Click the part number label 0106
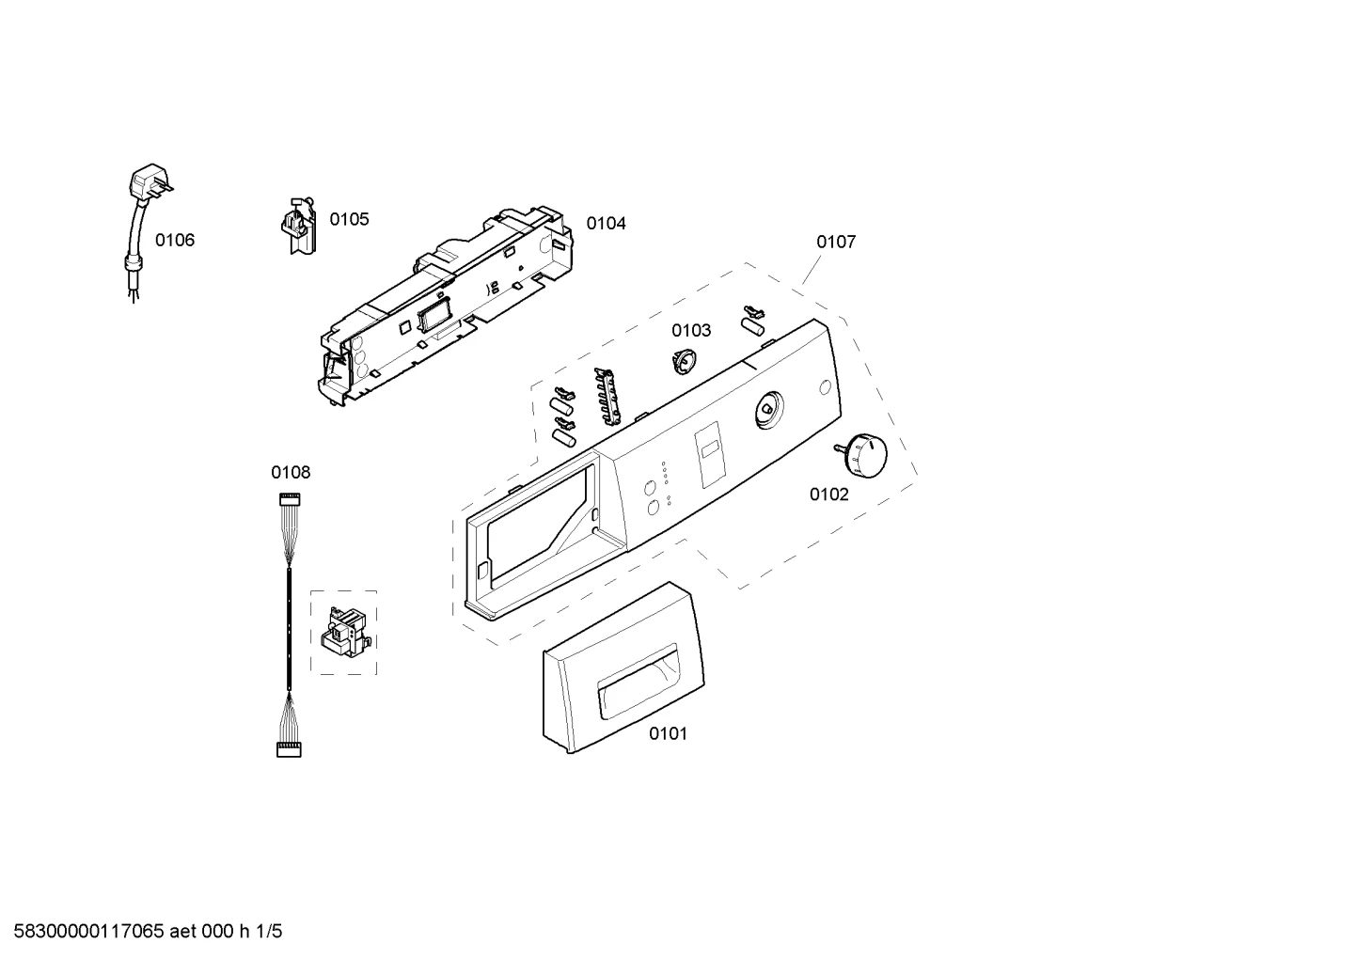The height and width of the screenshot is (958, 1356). (175, 241)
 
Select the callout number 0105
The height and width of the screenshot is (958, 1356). (349, 219)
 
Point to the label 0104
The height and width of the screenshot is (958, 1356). (606, 224)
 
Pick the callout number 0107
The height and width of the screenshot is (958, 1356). (836, 242)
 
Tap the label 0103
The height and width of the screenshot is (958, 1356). (691, 330)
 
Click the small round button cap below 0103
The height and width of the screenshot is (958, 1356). (684, 361)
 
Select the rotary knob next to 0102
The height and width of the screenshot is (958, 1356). (862, 454)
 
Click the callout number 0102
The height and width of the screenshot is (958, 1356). (829, 495)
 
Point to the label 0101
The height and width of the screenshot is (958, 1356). (669, 733)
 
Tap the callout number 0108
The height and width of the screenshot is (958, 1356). (291, 472)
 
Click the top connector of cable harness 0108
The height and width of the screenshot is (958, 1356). (290, 499)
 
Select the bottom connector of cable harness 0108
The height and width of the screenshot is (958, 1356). (289, 750)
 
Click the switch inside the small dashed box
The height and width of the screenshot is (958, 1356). (342, 633)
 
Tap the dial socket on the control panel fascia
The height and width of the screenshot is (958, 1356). (769, 410)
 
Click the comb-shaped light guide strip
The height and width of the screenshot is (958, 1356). (608, 396)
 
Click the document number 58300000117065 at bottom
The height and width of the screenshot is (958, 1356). (89, 932)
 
